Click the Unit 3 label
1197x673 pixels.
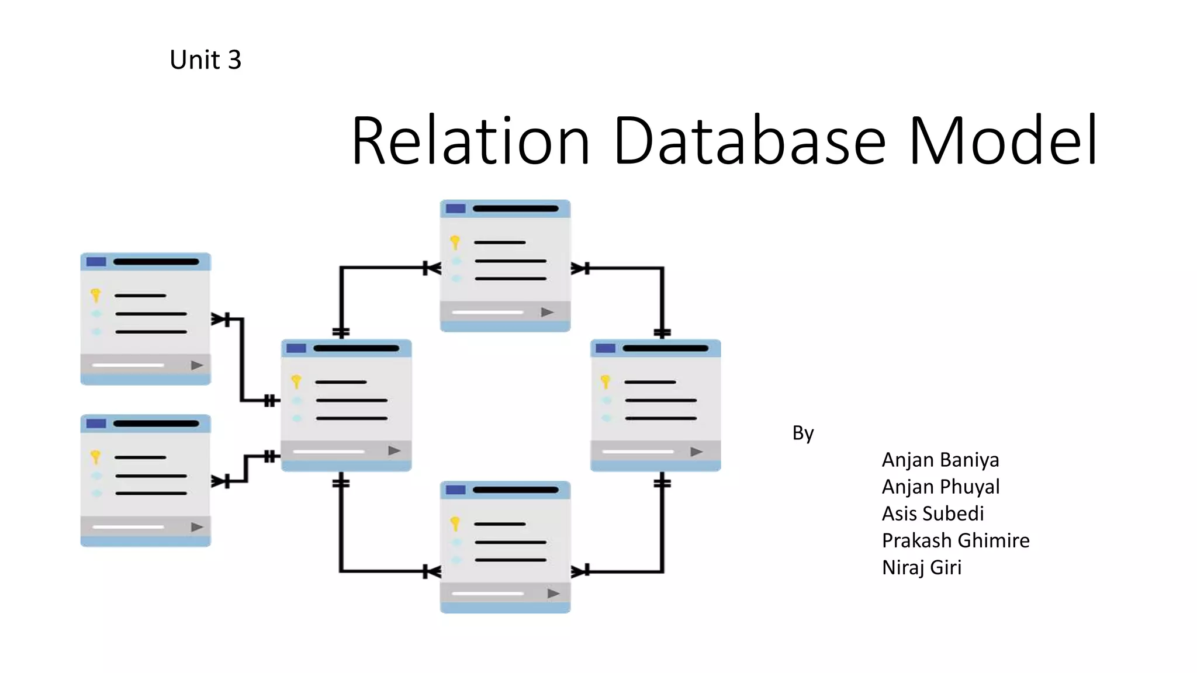(x=205, y=60)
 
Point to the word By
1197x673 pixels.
(x=803, y=433)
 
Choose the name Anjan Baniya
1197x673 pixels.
(x=940, y=460)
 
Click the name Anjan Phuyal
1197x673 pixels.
(x=940, y=487)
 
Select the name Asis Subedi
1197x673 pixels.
(x=933, y=514)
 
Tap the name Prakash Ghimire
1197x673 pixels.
(x=956, y=540)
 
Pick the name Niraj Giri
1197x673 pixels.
(x=922, y=567)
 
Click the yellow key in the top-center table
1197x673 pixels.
(x=455, y=242)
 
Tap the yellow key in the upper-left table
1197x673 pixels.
(x=96, y=296)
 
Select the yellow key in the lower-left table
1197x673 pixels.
(x=96, y=457)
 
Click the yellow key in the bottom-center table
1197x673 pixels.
(x=455, y=523)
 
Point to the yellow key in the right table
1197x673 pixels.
(x=606, y=382)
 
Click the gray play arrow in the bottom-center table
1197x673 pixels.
(x=553, y=594)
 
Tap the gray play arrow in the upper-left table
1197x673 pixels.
(x=197, y=365)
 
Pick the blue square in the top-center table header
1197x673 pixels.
(x=455, y=209)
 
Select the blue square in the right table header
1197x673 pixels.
(x=606, y=348)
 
